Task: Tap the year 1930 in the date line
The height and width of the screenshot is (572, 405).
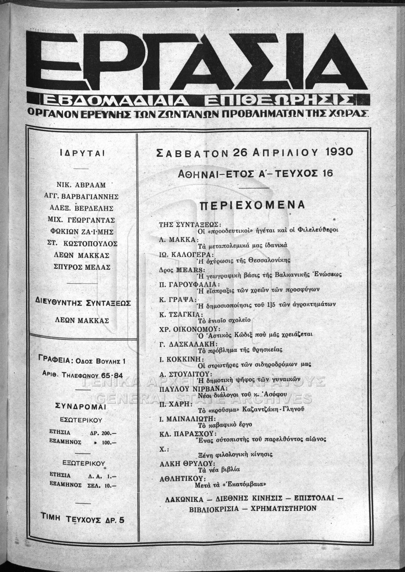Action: [333, 153]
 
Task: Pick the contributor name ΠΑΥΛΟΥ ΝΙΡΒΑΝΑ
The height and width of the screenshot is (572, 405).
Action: [187, 389]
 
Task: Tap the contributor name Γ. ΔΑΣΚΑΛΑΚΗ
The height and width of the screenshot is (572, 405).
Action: [185, 343]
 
